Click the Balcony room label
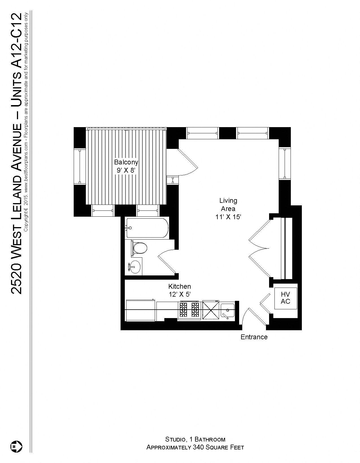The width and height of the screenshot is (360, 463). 126,162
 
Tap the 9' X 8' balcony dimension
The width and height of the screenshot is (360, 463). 126,170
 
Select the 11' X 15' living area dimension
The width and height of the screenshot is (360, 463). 228,217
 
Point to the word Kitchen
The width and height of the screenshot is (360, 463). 180,286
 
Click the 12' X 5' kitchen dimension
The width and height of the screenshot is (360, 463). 180,294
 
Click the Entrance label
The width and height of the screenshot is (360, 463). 254,337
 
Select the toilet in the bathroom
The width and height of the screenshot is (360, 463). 139,248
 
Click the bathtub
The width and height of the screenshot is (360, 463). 147,228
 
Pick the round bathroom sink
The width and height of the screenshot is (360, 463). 135,266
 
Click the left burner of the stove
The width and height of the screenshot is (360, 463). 183,309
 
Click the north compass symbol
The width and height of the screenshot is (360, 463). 16,446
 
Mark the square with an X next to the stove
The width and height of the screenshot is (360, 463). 211,310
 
